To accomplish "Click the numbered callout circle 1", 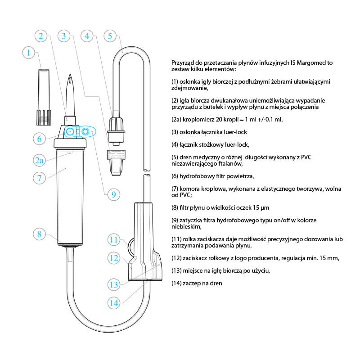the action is tap(28, 53).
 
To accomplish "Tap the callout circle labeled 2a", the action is tap(39, 160).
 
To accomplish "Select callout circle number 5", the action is tap(110, 36).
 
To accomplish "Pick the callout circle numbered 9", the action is tap(114, 195).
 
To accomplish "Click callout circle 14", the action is tap(114, 303).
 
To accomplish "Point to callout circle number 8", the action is tap(40, 234).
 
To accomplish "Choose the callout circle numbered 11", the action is tap(114, 240).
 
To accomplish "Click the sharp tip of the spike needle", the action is tap(70, 74).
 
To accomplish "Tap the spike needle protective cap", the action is tap(44, 97).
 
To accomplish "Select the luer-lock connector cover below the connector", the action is tap(116, 162).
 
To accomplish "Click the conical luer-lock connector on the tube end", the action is tap(116, 130).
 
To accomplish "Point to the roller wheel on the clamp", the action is tap(130, 247).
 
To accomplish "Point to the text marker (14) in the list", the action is tap(176, 283).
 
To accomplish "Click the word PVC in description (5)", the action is tap(306, 157).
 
